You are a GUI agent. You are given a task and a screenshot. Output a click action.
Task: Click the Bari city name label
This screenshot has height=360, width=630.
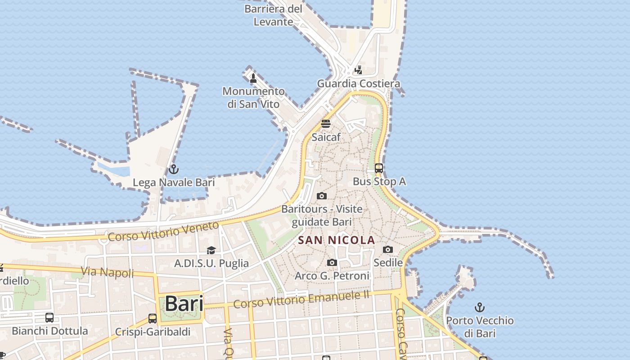click(184, 304)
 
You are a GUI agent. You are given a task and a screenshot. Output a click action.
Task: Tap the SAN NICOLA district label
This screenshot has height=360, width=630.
click(337, 240)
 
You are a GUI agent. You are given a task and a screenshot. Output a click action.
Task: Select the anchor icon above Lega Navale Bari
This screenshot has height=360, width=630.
click(174, 169)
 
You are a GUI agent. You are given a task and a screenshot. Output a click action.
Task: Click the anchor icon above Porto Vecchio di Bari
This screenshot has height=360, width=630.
click(480, 308)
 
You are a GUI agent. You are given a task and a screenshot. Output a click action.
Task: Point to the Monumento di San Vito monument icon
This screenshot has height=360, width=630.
click(253, 78)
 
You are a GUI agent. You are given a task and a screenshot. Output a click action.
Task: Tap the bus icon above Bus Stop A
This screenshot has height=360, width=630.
click(379, 168)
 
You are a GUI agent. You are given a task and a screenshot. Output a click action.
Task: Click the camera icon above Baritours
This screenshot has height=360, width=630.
click(321, 196)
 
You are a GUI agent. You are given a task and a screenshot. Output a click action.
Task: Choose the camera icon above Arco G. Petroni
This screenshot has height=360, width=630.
click(332, 262)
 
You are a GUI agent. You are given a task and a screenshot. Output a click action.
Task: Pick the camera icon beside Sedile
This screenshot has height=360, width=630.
click(388, 249)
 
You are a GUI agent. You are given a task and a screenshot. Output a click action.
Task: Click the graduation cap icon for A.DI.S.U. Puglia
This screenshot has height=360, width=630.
click(211, 250)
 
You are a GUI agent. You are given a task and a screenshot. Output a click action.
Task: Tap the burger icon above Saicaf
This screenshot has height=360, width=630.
click(326, 124)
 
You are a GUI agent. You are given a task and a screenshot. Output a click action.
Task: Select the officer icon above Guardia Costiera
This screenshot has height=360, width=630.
click(358, 70)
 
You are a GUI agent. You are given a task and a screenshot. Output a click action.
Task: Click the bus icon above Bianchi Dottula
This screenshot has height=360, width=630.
click(49, 317)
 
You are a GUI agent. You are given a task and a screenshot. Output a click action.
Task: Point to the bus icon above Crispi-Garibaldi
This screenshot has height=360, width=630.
click(153, 319)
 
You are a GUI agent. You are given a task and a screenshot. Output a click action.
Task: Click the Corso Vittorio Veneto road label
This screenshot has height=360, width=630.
click(163, 231)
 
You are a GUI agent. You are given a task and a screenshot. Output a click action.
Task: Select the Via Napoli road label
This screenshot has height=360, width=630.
click(108, 272)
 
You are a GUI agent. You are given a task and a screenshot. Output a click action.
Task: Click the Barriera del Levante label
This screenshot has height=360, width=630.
click(273, 15)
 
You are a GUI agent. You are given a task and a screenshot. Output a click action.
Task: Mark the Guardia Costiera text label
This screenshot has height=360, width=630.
click(359, 84)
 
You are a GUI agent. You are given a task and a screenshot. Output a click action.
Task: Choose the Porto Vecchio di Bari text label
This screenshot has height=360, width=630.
click(480, 327)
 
